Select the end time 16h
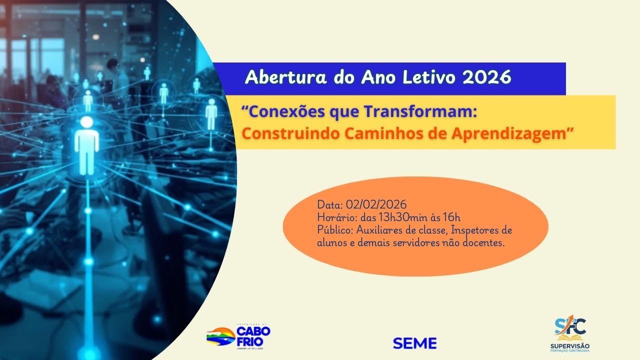[x=451, y=217]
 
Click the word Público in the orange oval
[x=335, y=230]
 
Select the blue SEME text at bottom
[x=414, y=343]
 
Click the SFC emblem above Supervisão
[x=569, y=327]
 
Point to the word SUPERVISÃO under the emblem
[x=569, y=346]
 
